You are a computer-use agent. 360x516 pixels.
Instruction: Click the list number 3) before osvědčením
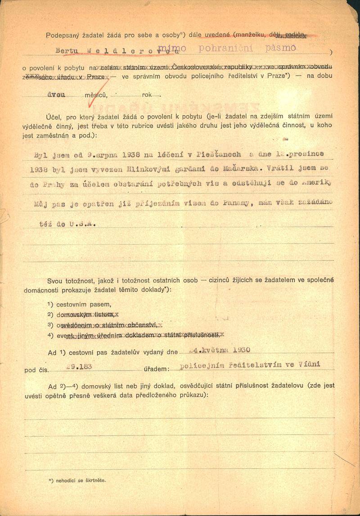pyautogui.click(x=50, y=325)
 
